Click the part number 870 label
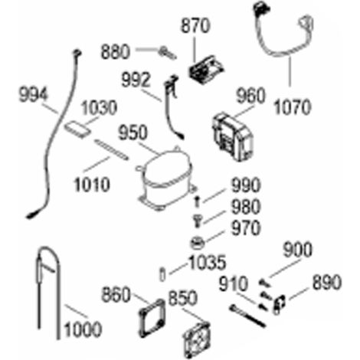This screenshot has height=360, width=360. pyautogui.click(x=195, y=26)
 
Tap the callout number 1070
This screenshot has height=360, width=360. pyautogui.click(x=293, y=107)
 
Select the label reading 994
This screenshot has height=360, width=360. pyautogui.click(x=34, y=95)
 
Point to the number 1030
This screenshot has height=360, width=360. pyautogui.click(x=99, y=107)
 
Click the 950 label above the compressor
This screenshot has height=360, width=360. pyautogui.click(x=133, y=133)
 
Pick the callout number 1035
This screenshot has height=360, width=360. pyautogui.click(x=207, y=262)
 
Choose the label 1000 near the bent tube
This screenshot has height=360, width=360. pyautogui.click(x=83, y=329)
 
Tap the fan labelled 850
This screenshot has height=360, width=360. pyautogui.click(x=197, y=340)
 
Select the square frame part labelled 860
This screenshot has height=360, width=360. pyautogui.click(x=152, y=319)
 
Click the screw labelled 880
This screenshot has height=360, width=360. pyautogui.click(x=167, y=54)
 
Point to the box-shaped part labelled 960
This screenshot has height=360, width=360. pyautogui.click(x=233, y=137)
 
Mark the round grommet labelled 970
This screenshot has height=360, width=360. pyautogui.click(x=197, y=243)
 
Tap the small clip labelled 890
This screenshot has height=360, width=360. pyautogui.click(x=279, y=305)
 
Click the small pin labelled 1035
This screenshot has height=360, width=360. pyautogui.click(x=162, y=274)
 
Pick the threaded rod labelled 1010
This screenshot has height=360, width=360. pyautogui.click(x=111, y=150)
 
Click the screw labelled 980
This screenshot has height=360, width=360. pyautogui.click(x=197, y=221)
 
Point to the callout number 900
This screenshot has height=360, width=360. pyautogui.click(x=297, y=250)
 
